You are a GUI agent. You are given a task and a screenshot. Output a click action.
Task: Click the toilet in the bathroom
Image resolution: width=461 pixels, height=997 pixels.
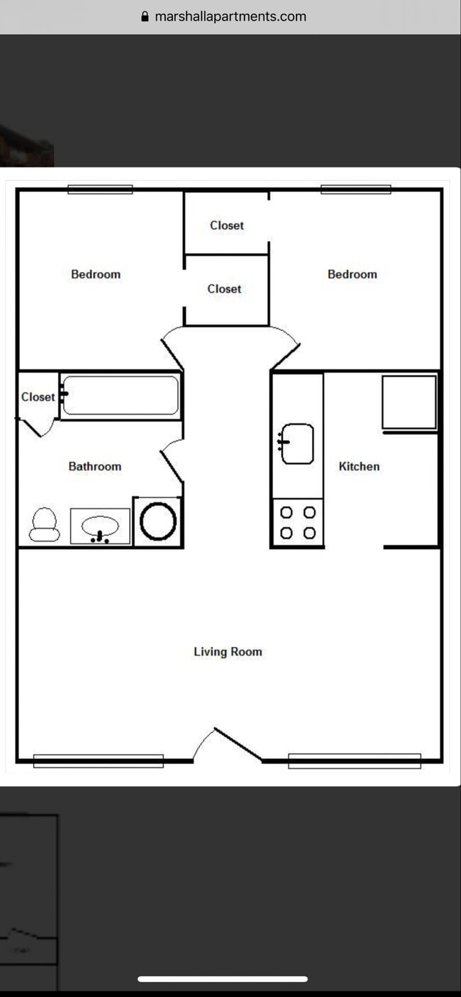(44, 525)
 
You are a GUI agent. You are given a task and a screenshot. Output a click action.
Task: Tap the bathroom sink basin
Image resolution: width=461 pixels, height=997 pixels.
(99, 526)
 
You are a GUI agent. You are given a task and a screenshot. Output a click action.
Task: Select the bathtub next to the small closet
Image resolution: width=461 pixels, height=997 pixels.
(121, 395)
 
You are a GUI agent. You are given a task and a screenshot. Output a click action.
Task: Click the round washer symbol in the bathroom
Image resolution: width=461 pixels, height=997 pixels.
(158, 522)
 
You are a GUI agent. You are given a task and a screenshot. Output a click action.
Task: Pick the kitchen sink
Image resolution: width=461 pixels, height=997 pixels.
(297, 444)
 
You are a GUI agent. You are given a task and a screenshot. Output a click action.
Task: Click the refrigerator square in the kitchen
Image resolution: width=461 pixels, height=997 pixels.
(409, 402)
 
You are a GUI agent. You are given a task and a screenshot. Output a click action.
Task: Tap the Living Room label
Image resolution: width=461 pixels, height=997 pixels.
(228, 651)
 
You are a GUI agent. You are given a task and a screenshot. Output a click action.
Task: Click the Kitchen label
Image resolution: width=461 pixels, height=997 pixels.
(359, 466)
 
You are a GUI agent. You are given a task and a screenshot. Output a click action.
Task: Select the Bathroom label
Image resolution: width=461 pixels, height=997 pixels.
(94, 466)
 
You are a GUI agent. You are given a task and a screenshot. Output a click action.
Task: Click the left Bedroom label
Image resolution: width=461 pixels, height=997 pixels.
(96, 274)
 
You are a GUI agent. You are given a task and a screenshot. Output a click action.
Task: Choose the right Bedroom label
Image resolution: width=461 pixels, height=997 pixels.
(352, 274)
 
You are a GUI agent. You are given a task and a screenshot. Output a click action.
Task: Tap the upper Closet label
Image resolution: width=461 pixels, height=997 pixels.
(226, 225)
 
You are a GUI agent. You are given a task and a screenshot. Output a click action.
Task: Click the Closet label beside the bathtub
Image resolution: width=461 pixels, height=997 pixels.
(38, 397)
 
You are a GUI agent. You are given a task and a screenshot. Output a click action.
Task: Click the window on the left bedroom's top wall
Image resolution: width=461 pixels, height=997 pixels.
(100, 189)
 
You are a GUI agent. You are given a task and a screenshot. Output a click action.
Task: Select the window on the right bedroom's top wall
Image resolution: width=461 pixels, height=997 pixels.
(355, 189)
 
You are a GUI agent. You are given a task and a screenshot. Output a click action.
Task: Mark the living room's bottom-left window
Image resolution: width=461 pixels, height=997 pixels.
(98, 761)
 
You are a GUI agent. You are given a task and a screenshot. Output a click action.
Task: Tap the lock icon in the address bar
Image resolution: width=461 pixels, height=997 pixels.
(145, 16)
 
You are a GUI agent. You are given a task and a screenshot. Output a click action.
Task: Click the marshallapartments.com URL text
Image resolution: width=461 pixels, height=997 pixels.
(230, 16)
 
